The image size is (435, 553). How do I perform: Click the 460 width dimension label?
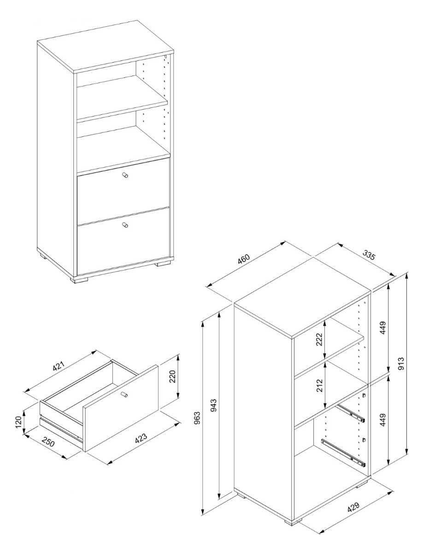243,259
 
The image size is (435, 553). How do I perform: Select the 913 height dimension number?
401,364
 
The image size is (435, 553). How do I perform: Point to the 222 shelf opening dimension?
319,339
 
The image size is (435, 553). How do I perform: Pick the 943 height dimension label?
213,405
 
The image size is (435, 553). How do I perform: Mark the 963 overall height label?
197,418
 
